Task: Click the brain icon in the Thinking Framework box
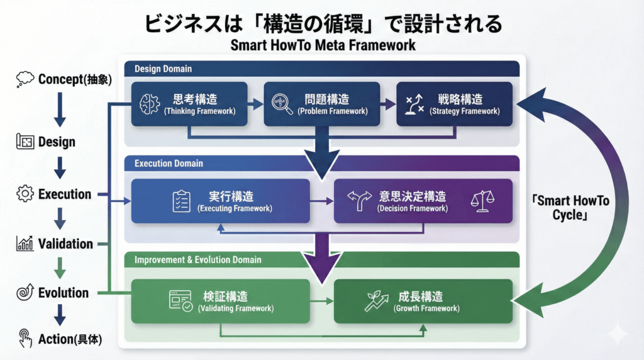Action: click(150, 104)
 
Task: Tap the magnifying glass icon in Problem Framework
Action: click(281, 104)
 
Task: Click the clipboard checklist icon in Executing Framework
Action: click(181, 201)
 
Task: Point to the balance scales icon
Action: click(482, 201)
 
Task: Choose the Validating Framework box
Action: click(220, 301)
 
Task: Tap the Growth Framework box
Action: click(423, 301)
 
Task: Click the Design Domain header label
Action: click(164, 69)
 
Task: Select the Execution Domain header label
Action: click(169, 163)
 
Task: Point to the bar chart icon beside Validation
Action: click(25, 244)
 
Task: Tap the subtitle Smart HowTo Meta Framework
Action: click(323, 46)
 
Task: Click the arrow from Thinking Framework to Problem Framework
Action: click(255, 104)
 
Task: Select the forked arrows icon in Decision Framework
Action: click(360, 201)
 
